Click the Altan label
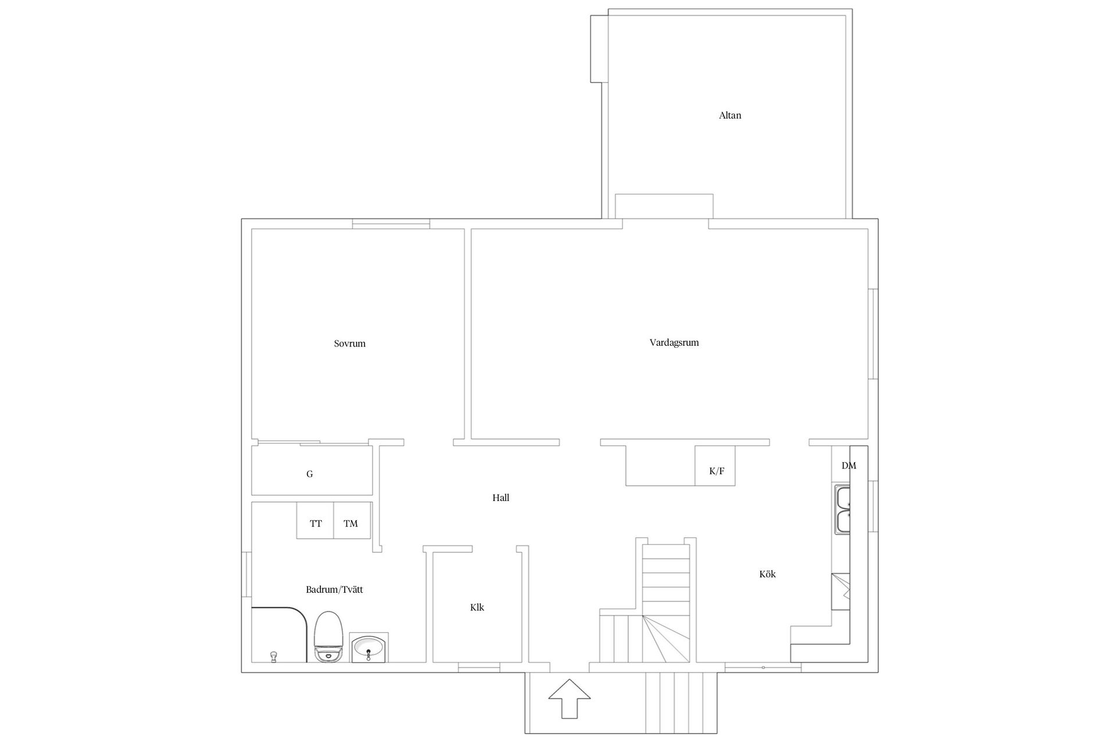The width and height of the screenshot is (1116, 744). (x=730, y=115)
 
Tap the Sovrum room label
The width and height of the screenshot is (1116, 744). (x=350, y=344)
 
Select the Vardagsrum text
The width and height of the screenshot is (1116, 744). (x=674, y=343)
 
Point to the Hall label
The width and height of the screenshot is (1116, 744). (x=501, y=498)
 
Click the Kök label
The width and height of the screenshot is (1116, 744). (x=767, y=574)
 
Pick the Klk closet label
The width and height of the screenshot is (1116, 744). (x=477, y=607)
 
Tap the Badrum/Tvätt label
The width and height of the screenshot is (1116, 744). (x=334, y=589)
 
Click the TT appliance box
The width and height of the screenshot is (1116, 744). (x=315, y=520)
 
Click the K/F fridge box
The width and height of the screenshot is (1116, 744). (x=715, y=466)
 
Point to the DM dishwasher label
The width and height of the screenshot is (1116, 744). (x=849, y=466)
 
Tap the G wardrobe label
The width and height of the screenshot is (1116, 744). (x=310, y=474)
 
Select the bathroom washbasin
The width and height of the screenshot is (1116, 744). (x=370, y=648)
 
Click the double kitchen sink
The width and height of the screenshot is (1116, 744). (x=842, y=509)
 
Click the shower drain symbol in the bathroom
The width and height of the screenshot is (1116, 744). (x=273, y=657)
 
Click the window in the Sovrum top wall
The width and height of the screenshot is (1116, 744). (x=391, y=224)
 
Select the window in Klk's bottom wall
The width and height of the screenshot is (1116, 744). (x=479, y=667)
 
